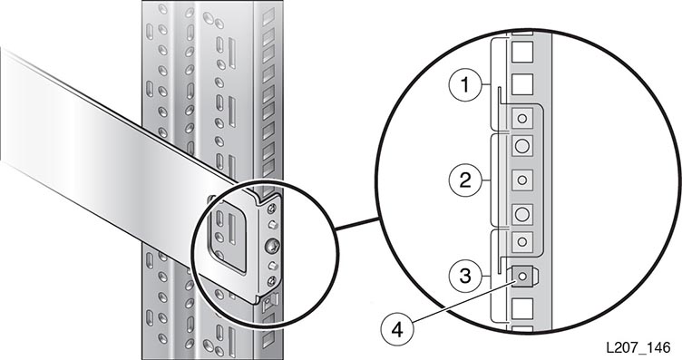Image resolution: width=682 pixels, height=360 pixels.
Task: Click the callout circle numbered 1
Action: pos(465,85)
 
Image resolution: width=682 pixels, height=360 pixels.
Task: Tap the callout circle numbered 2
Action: pos(465,180)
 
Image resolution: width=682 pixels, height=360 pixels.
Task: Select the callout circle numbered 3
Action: pos(465,276)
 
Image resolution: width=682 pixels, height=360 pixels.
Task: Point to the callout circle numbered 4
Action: pos(397,330)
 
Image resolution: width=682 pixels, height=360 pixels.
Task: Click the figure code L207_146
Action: pos(638,348)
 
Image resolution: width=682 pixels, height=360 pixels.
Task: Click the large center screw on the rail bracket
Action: pos(272,246)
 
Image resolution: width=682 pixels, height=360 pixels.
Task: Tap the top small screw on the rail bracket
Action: pos(272,209)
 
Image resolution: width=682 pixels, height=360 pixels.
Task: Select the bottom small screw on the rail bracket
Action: pos(272,280)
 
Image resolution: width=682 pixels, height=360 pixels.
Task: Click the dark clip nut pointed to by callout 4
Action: pos(522,276)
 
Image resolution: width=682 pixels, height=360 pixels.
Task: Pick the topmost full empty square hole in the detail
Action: pos(522,53)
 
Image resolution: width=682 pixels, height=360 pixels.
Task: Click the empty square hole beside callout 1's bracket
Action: pos(522,84)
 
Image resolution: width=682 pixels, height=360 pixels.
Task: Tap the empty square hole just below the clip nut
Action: pos(522,308)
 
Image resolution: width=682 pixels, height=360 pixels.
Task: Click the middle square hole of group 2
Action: pos(522,180)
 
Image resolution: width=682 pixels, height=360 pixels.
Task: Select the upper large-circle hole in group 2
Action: pos(522,146)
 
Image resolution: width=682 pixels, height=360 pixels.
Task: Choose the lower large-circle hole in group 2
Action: pos(522,214)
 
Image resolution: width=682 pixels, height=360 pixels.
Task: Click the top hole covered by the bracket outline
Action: pos(522,118)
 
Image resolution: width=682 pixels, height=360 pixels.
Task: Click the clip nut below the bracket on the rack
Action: pos(269,301)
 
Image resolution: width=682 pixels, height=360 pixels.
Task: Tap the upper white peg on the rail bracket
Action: pos(272,225)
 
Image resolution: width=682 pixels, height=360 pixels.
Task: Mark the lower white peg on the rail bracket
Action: pos(272,265)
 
